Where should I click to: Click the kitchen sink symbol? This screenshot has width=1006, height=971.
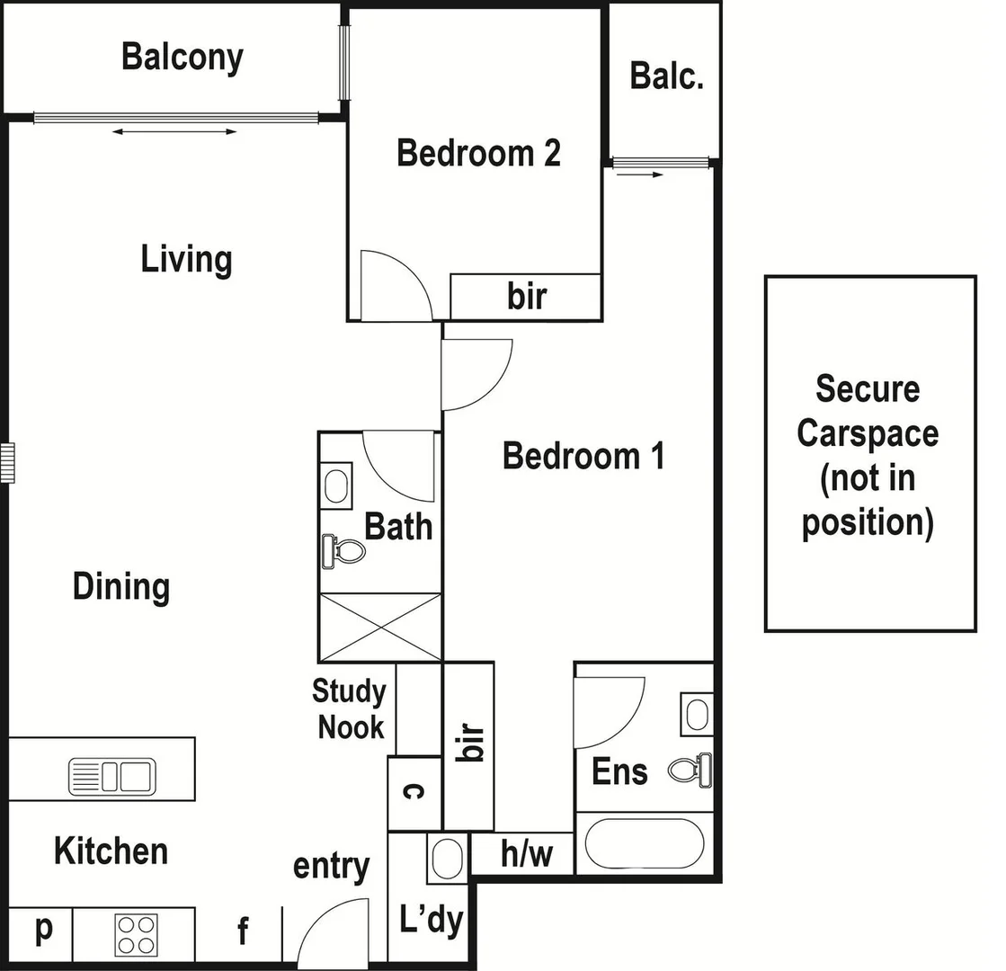click(112, 776)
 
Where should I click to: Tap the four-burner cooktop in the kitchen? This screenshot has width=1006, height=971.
click(136, 934)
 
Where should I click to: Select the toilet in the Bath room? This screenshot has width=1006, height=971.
click(343, 550)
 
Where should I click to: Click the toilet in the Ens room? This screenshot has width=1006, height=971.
click(691, 770)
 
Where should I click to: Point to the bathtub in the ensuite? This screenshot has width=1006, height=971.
click(645, 844)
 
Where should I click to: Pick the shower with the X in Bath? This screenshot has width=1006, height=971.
click(380, 627)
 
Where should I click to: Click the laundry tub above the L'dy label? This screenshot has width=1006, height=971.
click(447, 858)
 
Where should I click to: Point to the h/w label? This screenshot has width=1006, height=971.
click(526, 854)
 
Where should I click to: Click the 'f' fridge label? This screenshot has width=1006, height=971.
click(242, 932)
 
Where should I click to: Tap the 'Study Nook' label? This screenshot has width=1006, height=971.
click(350, 708)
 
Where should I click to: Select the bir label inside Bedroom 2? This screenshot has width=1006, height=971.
click(526, 296)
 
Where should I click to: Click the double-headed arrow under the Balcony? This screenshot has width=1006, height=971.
click(174, 132)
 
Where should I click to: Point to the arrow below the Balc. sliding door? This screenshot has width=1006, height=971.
click(640, 174)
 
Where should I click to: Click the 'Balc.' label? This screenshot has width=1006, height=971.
click(666, 76)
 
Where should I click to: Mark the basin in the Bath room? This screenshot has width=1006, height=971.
click(337, 486)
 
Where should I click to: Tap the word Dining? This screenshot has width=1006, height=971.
click(121, 587)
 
